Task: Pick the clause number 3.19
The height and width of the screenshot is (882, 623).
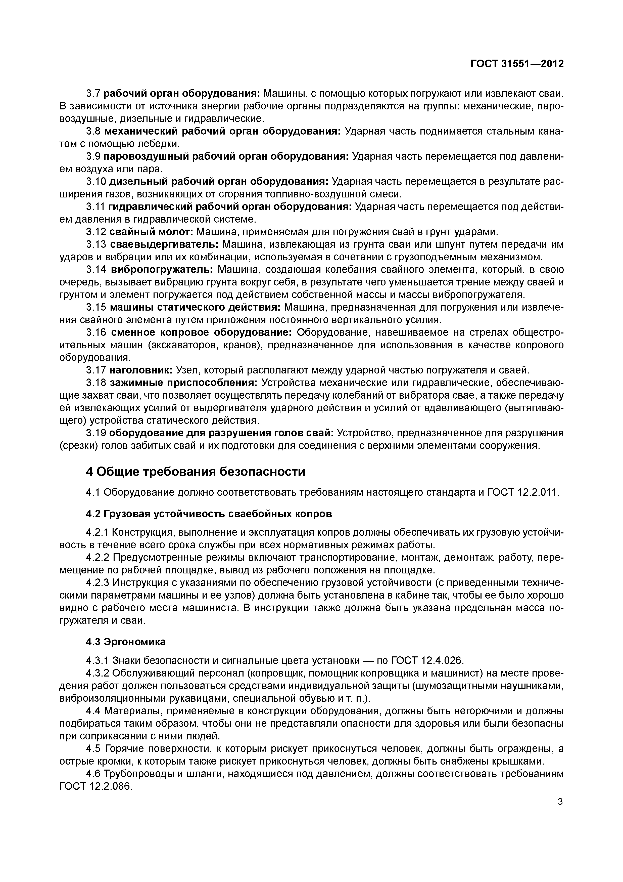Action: pos(96,433)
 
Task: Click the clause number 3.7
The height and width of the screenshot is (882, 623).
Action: pos(93,93)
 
